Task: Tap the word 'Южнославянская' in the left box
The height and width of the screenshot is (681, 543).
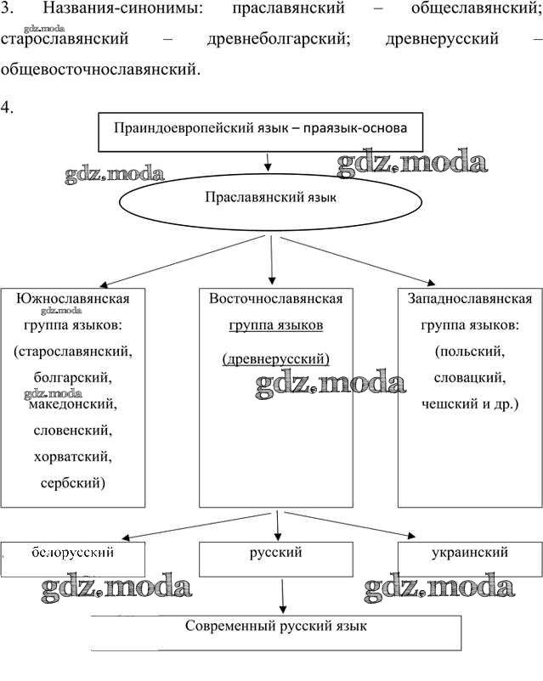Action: click(x=73, y=299)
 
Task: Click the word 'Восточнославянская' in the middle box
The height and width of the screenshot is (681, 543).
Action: click(x=275, y=299)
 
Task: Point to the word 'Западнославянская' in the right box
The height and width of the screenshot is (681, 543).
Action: click(x=470, y=299)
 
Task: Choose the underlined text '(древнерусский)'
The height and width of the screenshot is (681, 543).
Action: click(x=275, y=359)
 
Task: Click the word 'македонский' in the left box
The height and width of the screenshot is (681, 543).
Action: click(x=73, y=405)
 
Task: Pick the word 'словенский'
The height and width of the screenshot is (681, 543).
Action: click(x=73, y=431)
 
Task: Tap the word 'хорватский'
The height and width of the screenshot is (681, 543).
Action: click(x=73, y=457)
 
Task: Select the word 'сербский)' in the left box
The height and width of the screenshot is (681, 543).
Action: click(x=73, y=482)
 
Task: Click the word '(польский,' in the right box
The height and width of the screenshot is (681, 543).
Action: click(x=470, y=351)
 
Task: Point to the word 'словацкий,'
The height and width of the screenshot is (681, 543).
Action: click(x=470, y=377)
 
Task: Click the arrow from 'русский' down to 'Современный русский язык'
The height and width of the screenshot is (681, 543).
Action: click(x=281, y=596)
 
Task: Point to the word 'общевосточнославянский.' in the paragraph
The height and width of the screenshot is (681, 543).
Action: click(x=101, y=68)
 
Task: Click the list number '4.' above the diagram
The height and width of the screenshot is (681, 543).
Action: click(x=8, y=108)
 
